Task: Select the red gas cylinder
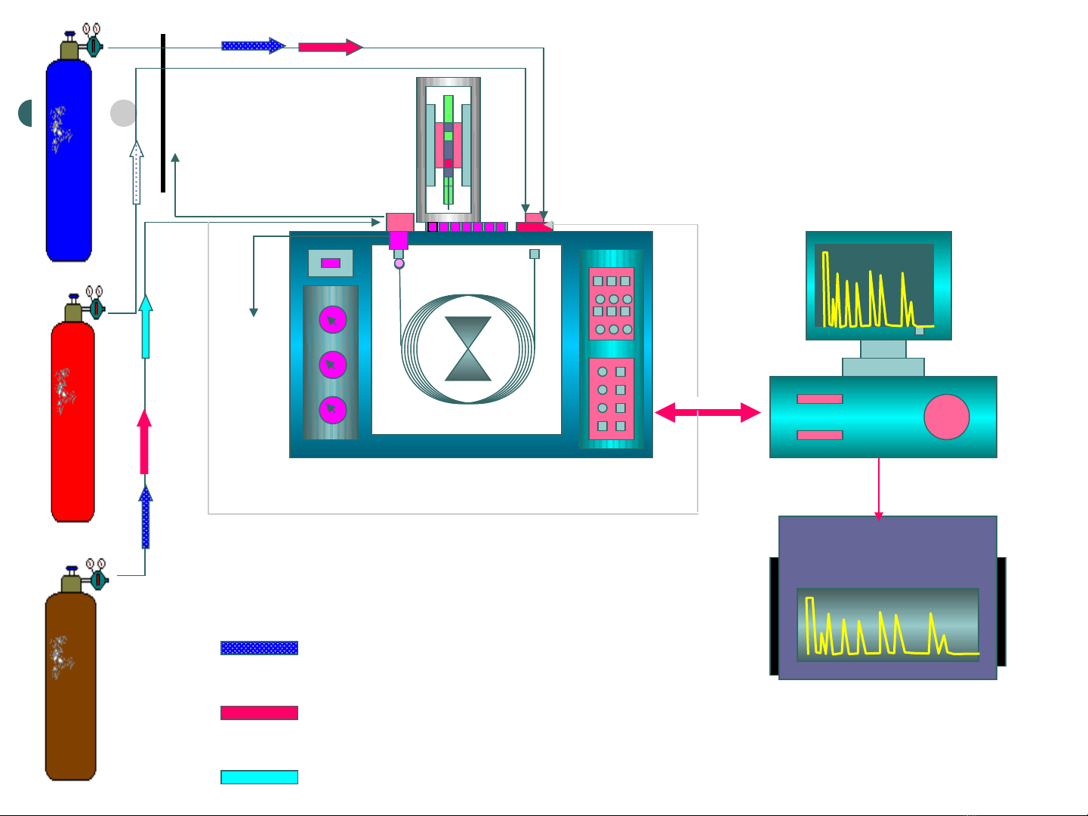[72, 421]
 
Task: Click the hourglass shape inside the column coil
[468, 349]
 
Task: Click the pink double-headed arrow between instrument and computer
[707, 412]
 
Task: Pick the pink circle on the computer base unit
[946, 417]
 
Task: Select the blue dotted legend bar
[259, 648]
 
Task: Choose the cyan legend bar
[259, 777]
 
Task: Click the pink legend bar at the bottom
[259, 713]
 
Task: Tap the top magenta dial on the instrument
[332, 320]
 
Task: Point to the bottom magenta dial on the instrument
[332, 410]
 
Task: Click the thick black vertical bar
[163, 113]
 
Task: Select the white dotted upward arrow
[137, 173]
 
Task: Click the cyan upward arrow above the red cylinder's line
[146, 326]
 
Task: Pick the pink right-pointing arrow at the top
[330, 47]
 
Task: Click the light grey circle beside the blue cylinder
[123, 113]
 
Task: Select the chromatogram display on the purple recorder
[888, 625]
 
